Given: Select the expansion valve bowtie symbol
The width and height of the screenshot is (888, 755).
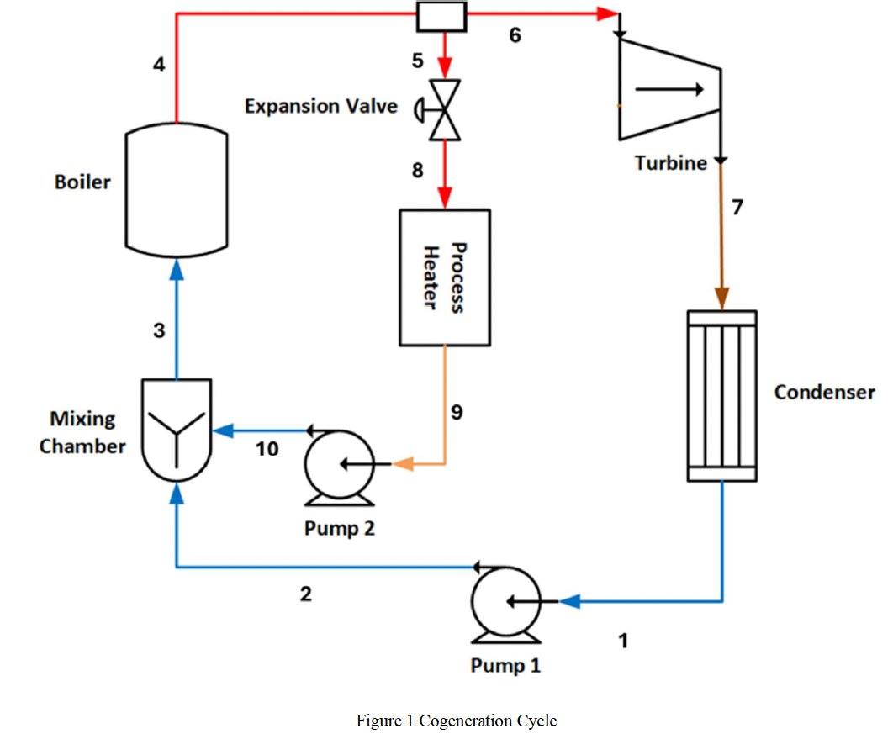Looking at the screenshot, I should pyautogui.click(x=442, y=109).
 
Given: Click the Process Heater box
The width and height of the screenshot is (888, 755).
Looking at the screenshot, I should pyautogui.click(x=444, y=277).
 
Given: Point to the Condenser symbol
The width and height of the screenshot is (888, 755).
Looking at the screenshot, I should pyautogui.click(x=721, y=396).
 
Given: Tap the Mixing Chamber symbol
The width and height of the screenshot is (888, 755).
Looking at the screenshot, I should pyautogui.click(x=177, y=429).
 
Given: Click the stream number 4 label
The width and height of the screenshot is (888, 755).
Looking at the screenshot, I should pyautogui.click(x=159, y=65).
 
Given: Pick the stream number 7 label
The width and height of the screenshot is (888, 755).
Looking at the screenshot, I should pyautogui.click(x=737, y=207).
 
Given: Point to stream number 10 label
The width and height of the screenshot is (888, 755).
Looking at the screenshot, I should pyautogui.click(x=267, y=450).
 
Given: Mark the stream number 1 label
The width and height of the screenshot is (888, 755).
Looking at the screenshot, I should pyautogui.click(x=623, y=641).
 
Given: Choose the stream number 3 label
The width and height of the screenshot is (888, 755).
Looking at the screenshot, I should pyautogui.click(x=159, y=331).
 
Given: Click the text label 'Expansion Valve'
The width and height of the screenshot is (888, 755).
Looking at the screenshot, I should pyautogui.click(x=320, y=107).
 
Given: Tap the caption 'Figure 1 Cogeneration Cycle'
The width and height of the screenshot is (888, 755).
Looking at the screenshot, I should pyautogui.click(x=456, y=721).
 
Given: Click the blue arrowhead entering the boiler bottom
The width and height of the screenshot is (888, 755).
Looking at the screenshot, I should pyautogui.click(x=176, y=267).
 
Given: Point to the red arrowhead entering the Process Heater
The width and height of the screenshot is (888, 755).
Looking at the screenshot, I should pyautogui.click(x=444, y=200).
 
